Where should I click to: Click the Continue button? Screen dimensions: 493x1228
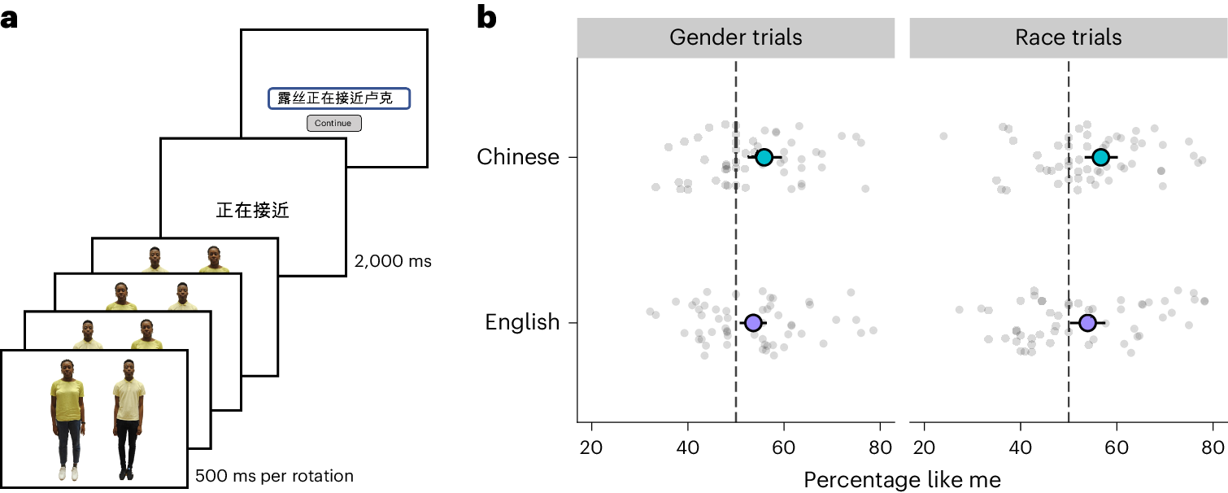[x=333, y=123]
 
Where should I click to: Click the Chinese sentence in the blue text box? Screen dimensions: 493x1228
[x=334, y=98]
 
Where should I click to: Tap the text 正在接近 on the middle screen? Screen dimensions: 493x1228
[x=253, y=212]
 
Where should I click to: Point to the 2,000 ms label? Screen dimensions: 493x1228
[x=393, y=262]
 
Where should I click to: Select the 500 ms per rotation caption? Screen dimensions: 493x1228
[x=274, y=475]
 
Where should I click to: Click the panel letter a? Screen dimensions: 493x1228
[x=10, y=18]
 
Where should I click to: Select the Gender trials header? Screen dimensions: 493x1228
[x=735, y=37]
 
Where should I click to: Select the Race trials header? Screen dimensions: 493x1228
[x=1068, y=37]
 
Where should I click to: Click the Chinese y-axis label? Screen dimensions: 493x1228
[x=518, y=156]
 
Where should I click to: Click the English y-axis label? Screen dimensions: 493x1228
[x=522, y=322]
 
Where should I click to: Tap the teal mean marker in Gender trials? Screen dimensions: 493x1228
[x=764, y=157]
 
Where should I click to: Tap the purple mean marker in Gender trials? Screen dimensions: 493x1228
[x=753, y=323]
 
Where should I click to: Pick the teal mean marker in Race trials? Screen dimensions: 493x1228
[x=1100, y=157]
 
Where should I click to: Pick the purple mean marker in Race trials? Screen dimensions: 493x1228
[x=1087, y=323]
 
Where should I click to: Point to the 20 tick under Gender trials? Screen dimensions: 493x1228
[x=592, y=448]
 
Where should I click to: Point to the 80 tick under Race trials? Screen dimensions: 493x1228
[x=1213, y=448]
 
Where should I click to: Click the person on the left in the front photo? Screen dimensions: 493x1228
[x=67, y=419]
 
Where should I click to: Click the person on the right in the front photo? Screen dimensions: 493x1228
[x=128, y=419]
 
